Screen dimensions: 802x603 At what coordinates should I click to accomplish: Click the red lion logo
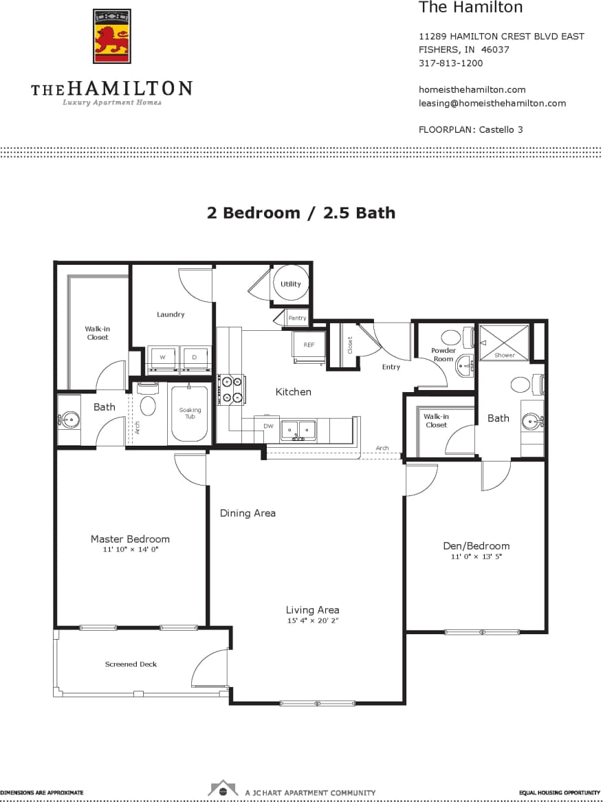pos(111,36)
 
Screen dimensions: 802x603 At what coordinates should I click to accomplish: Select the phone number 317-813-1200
pos(450,63)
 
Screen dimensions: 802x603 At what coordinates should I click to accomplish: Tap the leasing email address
pos(492,103)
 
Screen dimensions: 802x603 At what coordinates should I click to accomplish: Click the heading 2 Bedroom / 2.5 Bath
pos(301,213)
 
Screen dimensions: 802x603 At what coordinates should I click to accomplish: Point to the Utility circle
pos(290,283)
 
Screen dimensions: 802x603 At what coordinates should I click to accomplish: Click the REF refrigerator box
pos(309,344)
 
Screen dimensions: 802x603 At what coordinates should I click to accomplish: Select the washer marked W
pos(162,358)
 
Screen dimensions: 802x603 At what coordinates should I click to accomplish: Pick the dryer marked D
pos(194,358)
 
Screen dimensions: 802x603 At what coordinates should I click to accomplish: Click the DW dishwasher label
pos(268,426)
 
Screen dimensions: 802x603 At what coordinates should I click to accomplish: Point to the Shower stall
pos(504,343)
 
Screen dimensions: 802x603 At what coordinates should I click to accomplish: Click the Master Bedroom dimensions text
pos(130,550)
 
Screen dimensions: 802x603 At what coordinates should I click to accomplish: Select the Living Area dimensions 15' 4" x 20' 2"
pos(312,620)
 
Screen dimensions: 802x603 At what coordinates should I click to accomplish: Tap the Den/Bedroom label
pos(476,545)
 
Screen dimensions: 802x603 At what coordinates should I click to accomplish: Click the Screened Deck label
pos(131,664)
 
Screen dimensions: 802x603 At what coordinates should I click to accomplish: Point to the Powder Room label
pos(443,354)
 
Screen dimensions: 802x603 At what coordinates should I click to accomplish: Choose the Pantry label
pos(297,318)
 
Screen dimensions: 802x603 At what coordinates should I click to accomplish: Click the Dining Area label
pos(248,513)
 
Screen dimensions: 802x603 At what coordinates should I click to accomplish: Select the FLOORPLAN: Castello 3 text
pos(470,129)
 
